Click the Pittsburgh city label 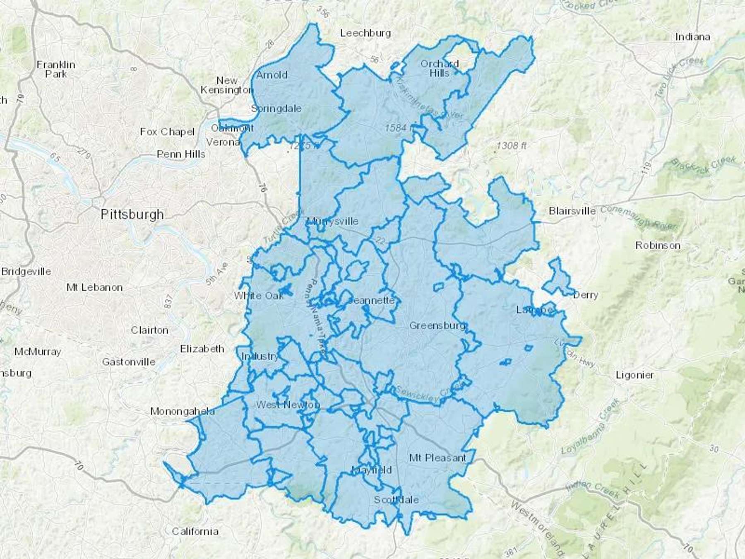click(x=132, y=214)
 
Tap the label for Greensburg click(x=437, y=326)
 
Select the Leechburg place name click(x=365, y=33)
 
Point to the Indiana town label click(x=692, y=37)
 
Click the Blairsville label click(x=572, y=211)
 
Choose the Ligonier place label click(x=634, y=375)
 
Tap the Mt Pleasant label click(x=437, y=458)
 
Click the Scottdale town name click(x=396, y=500)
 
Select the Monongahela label click(x=182, y=412)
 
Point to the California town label click(x=195, y=531)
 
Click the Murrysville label click(x=333, y=221)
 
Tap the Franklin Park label click(x=56, y=69)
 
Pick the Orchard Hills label click(x=440, y=68)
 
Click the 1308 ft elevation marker click(x=512, y=146)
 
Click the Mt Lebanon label click(x=94, y=287)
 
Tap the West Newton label click(x=288, y=405)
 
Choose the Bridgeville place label click(x=26, y=272)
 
